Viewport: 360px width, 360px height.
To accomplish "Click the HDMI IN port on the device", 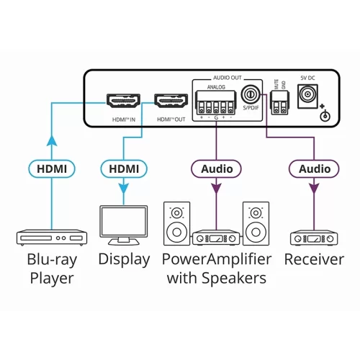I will point(123,101).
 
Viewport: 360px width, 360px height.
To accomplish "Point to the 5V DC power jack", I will point(310,94).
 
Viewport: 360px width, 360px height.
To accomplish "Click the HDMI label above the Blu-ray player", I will point(52,169).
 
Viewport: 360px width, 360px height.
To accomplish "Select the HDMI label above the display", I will point(123,169).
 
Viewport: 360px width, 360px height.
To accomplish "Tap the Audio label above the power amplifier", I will point(217,169).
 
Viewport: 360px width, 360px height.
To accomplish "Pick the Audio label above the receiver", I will point(314,169).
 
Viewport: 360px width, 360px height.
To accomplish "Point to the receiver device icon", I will point(314,237).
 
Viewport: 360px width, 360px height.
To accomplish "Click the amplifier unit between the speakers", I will point(216,237).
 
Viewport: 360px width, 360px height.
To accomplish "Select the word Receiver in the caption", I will point(314,260).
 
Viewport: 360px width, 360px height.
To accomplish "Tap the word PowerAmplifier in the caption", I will point(216,260).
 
